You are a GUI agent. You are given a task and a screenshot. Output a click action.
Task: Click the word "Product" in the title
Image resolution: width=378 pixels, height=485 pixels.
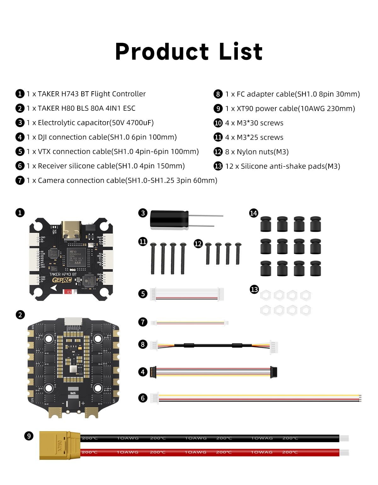(162, 52)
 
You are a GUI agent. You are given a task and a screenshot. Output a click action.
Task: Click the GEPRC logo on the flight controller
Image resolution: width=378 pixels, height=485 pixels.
(62, 280)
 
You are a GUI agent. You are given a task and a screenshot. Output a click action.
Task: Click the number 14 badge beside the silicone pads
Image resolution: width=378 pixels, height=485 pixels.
(254, 213)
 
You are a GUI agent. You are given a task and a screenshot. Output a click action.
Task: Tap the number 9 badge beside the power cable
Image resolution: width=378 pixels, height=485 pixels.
(29, 436)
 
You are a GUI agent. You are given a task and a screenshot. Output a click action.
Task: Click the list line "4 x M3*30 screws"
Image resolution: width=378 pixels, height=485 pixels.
(254, 123)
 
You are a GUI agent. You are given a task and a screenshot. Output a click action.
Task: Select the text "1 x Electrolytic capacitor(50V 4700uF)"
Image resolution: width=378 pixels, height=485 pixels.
(90, 122)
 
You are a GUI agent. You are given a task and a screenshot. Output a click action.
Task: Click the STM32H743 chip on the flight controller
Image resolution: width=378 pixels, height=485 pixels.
(76, 257)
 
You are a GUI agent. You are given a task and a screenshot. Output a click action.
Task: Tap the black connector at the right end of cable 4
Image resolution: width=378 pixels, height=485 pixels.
(274, 372)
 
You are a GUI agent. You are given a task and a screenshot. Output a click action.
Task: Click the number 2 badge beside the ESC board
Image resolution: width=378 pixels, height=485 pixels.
(20, 315)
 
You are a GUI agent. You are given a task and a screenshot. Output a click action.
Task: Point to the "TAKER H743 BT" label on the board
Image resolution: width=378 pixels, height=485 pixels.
(63, 274)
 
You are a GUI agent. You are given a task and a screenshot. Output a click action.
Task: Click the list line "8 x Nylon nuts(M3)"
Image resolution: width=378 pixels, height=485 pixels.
(257, 152)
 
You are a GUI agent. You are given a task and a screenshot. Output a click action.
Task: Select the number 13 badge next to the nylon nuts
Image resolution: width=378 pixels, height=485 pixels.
(254, 289)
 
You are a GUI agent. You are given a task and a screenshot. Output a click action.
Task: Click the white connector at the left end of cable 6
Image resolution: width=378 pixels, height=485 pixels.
(154, 398)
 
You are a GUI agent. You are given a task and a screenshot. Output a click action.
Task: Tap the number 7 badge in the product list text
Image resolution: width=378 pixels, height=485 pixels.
(20, 180)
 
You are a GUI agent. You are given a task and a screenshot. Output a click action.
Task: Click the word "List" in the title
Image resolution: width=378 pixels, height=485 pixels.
(241, 52)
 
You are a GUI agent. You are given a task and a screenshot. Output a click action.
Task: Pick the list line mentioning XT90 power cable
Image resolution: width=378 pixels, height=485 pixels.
(290, 108)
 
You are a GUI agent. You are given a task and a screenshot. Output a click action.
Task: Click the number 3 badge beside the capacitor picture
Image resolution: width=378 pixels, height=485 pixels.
(143, 213)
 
